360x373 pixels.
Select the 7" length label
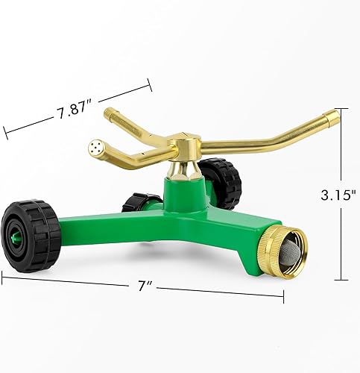tap(141, 286)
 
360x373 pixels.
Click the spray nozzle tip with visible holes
tap(95, 145)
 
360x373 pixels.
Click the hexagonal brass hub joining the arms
tap(184, 141)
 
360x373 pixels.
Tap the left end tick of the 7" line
tap(3, 275)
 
